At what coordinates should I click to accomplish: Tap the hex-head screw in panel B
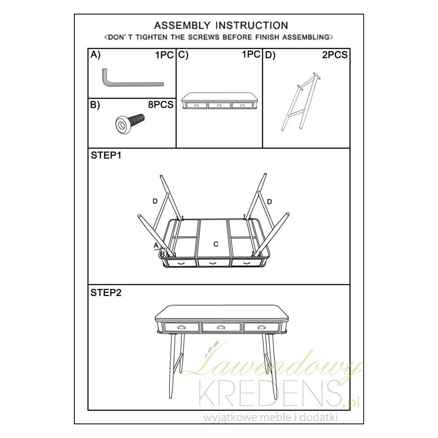coord(130,122)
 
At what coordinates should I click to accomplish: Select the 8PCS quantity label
coord(161,105)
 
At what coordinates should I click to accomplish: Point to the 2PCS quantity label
coord(334,55)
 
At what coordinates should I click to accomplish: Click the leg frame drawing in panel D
coord(301,101)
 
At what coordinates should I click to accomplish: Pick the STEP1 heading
coord(106,155)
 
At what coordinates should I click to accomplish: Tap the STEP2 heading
coord(106,293)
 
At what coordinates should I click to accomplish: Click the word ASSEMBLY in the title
coord(182,26)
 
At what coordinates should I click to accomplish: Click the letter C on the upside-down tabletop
coord(216,245)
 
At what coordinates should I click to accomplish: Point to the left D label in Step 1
coord(155,201)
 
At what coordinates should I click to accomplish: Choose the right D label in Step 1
coord(269,202)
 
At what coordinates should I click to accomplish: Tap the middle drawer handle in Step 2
coord(221,327)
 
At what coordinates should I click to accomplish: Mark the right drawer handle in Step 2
coord(261,327)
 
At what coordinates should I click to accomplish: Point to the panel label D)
coord(270,55)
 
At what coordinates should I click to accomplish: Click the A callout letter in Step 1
coord(156,245)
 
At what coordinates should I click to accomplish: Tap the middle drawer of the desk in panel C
coord(219,105)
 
